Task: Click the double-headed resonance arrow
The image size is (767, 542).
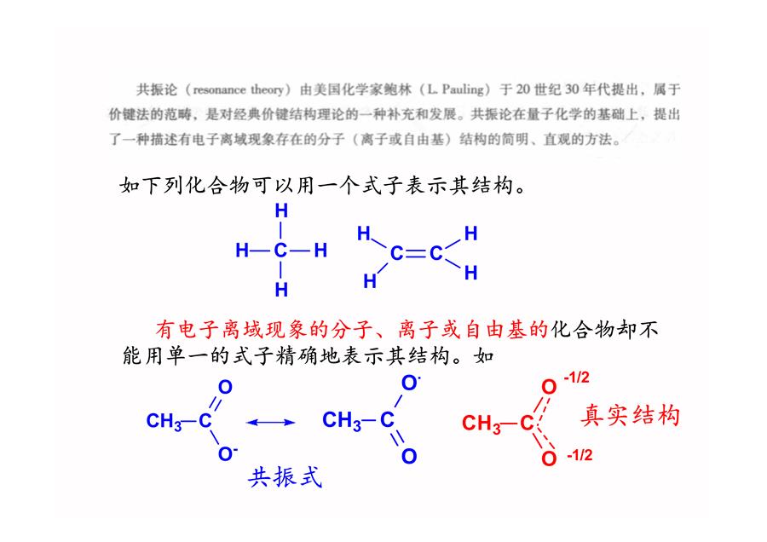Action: click(270, 422)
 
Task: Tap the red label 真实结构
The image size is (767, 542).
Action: click(630, 416)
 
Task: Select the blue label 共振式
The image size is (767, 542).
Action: click(285, 477)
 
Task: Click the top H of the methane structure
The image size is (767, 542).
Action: click(281, 210)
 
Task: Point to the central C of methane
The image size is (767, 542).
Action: click(280, 251)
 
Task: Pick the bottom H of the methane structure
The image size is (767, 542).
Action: click(281, 290)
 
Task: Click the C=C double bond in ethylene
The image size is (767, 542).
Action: click(416, 253)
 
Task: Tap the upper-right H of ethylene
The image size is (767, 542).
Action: click(470, 234)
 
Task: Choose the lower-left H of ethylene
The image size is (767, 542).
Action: click(370, 281)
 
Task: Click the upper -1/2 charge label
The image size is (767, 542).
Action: click(577, 378)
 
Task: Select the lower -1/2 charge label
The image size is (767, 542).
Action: click(580, 455)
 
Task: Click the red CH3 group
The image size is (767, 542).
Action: click(482, 424)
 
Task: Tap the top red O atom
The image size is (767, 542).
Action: click(550, 388)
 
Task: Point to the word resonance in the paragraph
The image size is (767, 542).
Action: click(220, 90)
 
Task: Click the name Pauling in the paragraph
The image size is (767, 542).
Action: click(462, 89)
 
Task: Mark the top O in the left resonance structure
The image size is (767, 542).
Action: click(225, 388)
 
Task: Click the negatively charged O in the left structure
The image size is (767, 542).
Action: click(227, 454)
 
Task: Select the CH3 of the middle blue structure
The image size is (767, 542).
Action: click(342, 421)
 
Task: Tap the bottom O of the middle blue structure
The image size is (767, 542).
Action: click(409, 457)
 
